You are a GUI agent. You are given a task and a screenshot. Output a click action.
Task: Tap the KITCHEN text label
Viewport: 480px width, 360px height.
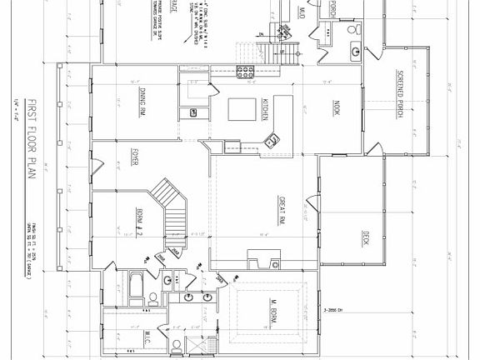point(266,108)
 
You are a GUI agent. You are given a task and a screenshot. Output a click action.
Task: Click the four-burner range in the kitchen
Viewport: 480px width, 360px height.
point(246,70)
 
